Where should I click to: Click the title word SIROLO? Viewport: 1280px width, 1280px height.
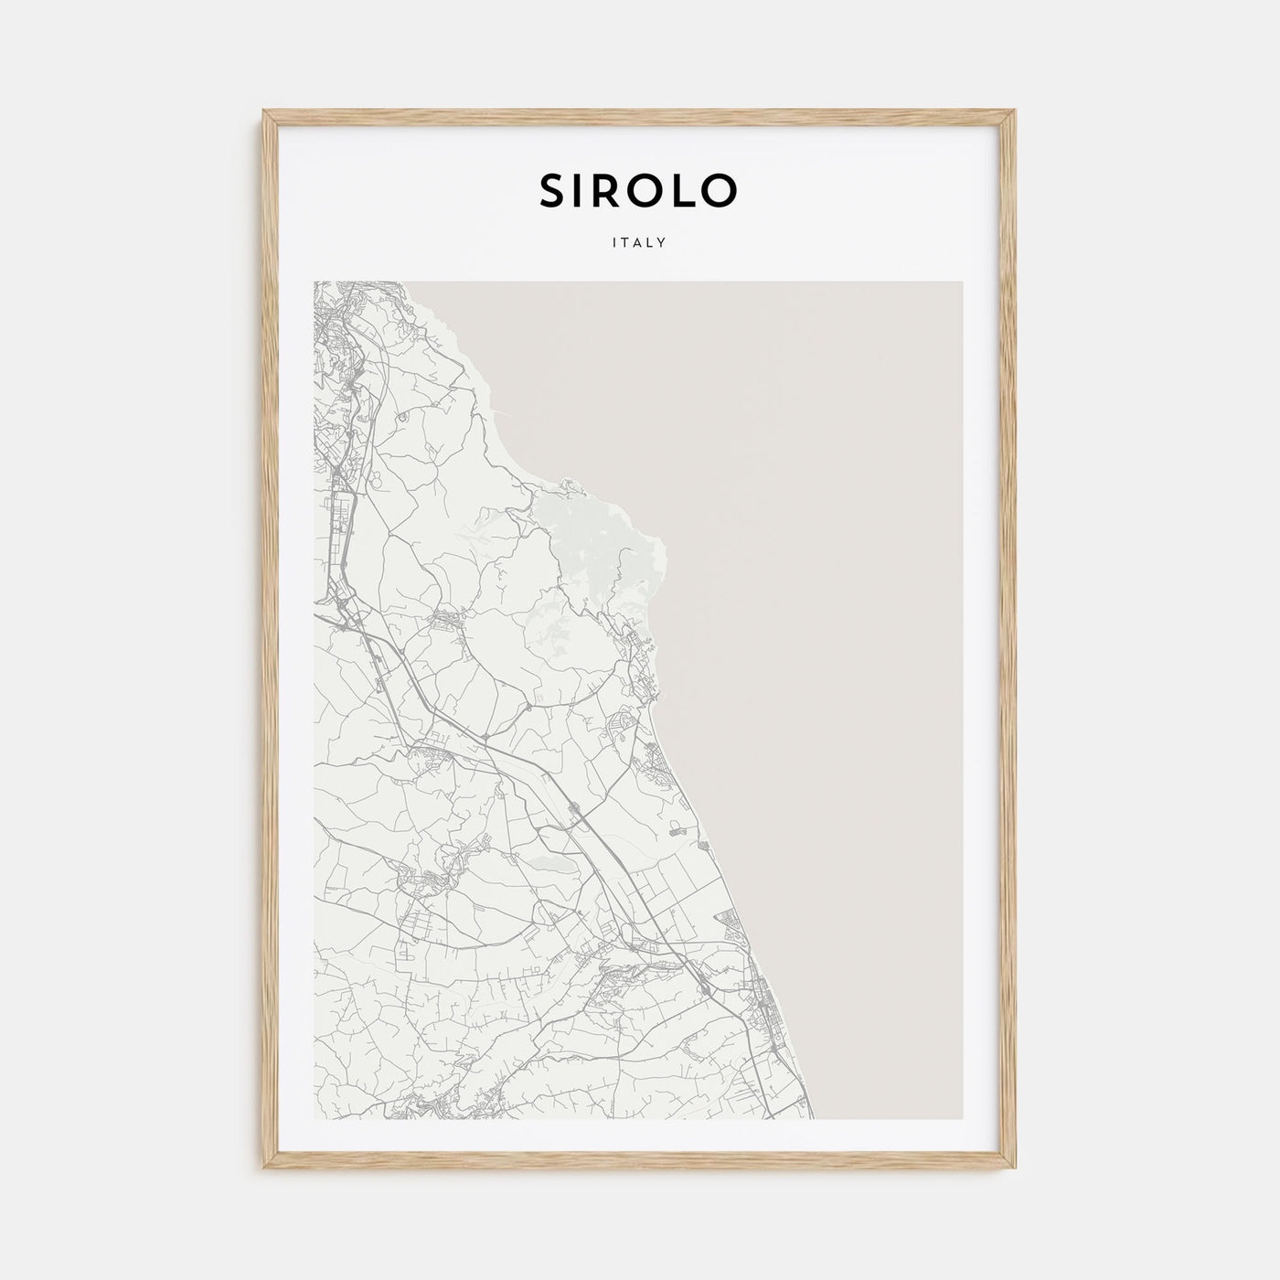click(638, 190)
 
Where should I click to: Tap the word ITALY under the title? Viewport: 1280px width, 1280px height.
click(639, 243)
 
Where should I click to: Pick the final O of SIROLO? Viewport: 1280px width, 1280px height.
click(719, 190)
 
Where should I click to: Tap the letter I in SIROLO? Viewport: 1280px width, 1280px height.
click(582, 190)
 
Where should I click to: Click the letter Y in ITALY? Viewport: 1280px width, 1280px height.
click(661, 243)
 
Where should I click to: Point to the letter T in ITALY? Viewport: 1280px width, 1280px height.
click(626, 243)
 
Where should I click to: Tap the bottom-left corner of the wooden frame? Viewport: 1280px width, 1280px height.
click(263, 1170)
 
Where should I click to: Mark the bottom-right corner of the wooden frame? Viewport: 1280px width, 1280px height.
click(1016, 1170)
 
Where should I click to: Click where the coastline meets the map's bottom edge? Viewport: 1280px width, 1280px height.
click(812, 1118)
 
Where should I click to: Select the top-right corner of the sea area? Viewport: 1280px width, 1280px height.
click(961, 283)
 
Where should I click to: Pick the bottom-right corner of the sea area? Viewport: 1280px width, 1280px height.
click(961, 1118)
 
